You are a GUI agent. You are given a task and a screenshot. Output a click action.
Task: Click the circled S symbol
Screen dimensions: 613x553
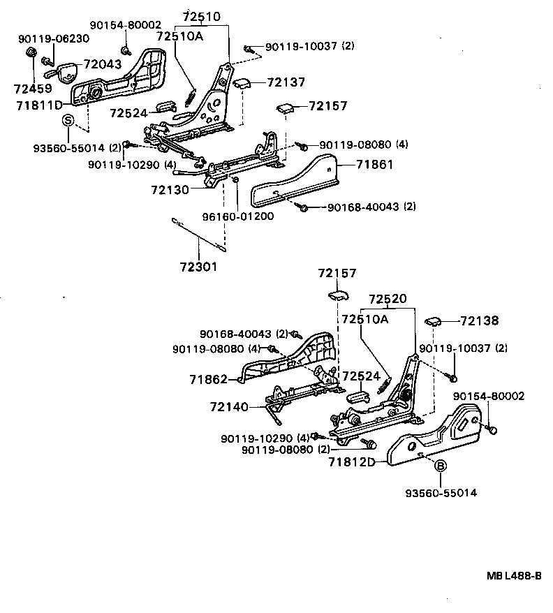point(68,120)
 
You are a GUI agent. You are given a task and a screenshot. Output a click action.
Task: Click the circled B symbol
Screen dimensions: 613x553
point(441,467)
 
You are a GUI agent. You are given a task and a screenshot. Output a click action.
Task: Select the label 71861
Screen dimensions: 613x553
point(375,165)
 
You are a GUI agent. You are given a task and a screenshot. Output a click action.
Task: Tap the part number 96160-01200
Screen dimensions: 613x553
point(239,216)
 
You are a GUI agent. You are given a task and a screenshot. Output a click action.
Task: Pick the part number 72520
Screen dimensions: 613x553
point(388,299)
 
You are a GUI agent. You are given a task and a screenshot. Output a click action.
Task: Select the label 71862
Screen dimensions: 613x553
point(208,379)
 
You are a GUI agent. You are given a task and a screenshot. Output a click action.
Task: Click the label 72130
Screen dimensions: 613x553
point(170,189)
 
